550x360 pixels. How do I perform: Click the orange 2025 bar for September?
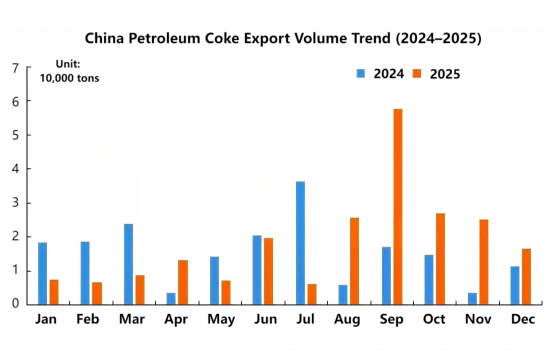[x=398, y=206]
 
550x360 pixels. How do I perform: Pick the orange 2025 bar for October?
[x=441, y=258]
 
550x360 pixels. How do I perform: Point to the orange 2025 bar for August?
[x=354, y=260]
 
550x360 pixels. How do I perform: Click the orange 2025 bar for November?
[x=484, y=261]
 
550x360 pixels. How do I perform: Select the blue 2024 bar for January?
[x=42, y=272]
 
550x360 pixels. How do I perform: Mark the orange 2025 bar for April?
[x=182, y=281]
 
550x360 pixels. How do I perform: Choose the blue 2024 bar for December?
[x=516, y=284]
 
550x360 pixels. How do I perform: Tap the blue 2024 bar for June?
[x=257, y=269]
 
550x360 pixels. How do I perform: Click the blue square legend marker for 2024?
[x=363, y=73]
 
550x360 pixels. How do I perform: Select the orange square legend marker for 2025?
[x=419, y=73]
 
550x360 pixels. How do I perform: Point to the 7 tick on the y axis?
[x=14, y=68]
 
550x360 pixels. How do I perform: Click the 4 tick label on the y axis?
[x=14, y=169]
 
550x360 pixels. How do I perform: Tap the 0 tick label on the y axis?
[x=14, y=304]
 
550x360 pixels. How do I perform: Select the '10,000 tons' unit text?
[x=69, y=78]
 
